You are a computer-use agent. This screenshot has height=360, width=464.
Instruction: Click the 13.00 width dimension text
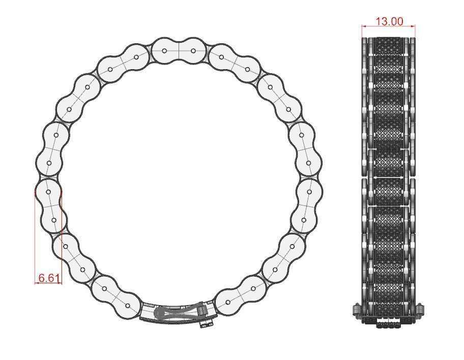click(389, 21)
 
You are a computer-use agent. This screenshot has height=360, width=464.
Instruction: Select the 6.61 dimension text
click(49, 278)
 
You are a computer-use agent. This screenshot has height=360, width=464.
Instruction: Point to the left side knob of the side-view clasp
click(357, 309)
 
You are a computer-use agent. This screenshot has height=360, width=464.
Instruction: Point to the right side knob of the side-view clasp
click(420, 309)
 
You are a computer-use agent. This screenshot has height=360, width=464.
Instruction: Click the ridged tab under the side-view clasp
click(388, 322)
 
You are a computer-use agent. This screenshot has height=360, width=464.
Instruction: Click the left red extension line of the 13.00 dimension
click(362, 32)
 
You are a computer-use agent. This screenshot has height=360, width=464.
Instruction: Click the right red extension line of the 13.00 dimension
click(415, 32)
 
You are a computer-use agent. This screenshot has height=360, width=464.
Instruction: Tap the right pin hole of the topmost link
click(193, 51)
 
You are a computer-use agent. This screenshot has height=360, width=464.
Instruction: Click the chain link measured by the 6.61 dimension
click(50, 206)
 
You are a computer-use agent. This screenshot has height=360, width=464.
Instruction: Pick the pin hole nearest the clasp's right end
click(227, 302)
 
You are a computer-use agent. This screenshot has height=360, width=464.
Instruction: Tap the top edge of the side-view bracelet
click(388, 37)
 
